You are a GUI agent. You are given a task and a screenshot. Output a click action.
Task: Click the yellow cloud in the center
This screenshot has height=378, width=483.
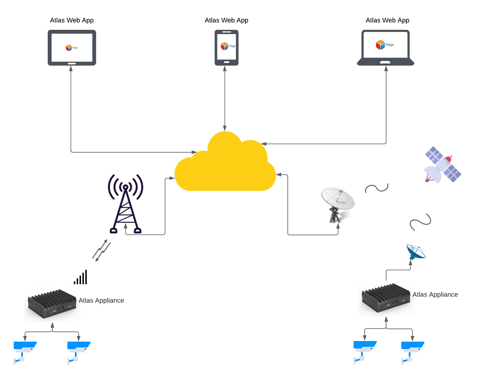click(x=225, y=167)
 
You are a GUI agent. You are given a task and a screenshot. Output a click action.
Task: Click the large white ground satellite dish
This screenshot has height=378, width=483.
click(x=338, y=204)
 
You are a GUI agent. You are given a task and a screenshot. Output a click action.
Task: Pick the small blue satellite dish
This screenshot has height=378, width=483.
click(x=416, y=252)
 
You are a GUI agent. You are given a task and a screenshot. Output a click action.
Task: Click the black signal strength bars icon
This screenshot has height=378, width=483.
click(x=81, y=278)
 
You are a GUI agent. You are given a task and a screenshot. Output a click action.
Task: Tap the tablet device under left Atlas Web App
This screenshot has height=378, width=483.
click(x=72, y=48)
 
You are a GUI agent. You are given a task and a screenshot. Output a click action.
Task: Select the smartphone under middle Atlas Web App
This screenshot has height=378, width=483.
click(x=227, y=48)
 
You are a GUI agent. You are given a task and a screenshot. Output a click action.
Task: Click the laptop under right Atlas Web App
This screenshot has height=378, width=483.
click(x=386, y=48)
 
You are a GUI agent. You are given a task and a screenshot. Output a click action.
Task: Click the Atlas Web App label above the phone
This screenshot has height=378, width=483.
click(x=226, y=20)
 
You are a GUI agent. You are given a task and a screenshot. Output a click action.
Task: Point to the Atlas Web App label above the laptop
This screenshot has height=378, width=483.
click(x=387, y=20)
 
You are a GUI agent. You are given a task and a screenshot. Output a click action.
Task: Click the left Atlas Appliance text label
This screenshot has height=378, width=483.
click(x=101, y=300)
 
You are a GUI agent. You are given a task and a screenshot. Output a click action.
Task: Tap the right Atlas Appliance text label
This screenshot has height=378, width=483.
click(x=435, y=295)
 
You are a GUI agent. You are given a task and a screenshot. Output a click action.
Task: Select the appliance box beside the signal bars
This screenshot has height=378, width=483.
click(x=52, y=304)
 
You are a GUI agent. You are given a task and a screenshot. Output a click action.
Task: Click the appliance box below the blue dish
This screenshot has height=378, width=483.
click(x=386, y=298)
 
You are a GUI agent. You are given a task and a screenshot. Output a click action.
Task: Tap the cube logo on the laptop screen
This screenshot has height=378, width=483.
click(x=380, y=45)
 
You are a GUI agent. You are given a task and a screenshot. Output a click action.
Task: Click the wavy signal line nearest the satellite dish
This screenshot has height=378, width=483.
click(x=377, y=188)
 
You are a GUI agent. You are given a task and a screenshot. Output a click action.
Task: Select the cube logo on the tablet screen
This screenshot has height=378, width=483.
click(x=69, y=48)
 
